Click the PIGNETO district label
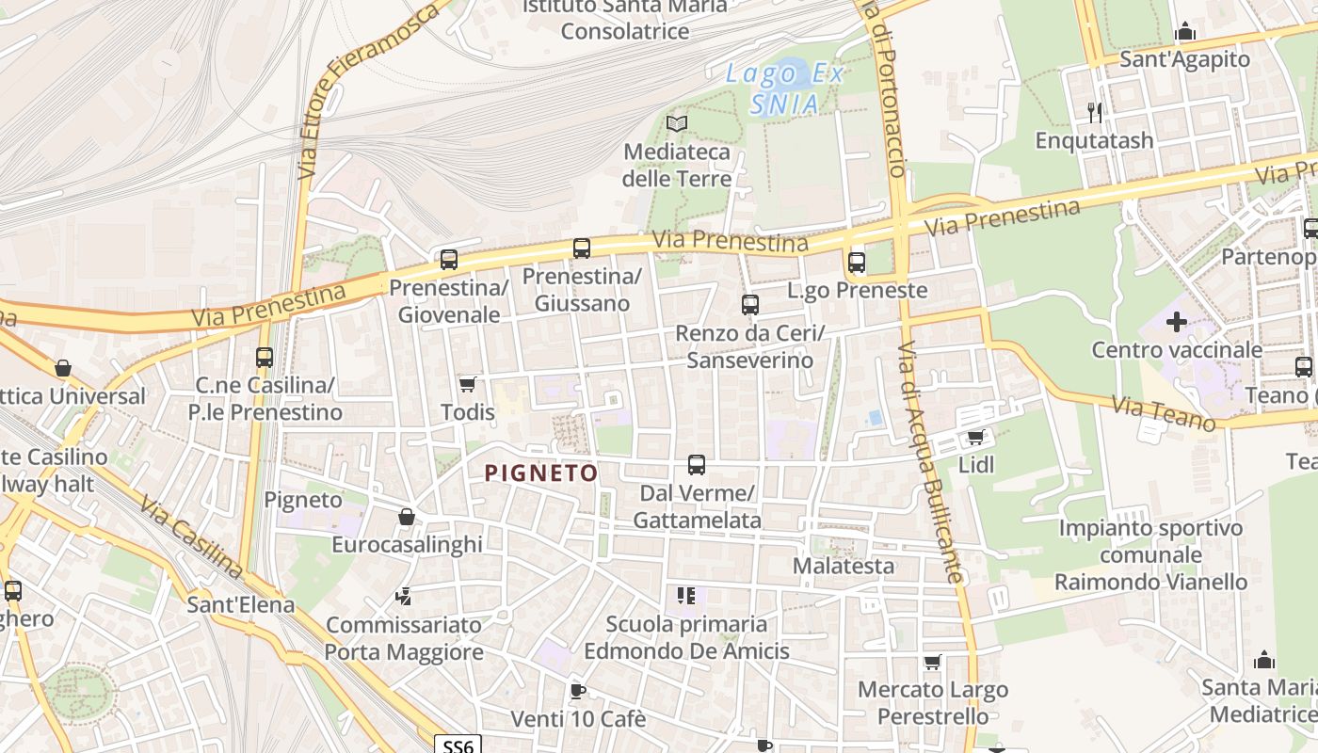[541, 473]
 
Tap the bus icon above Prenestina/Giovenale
[449, 259]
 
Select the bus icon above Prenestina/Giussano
[582, 248]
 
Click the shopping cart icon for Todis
[467, 384]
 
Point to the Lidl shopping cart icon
[976, 438]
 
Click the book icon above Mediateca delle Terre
[677, 123]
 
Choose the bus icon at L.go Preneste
[857, 263]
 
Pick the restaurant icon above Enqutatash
[1094, 113]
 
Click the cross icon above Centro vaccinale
[1176, 322]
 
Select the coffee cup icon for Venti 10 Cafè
[578, 692]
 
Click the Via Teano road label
[1164, 414]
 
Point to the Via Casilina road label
[192, 537]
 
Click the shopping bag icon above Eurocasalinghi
[407, 517]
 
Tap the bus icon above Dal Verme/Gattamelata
[697, 465]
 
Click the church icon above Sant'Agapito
[1185, 32]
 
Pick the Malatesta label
[844, 566]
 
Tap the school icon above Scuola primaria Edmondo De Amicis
[686, 596]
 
